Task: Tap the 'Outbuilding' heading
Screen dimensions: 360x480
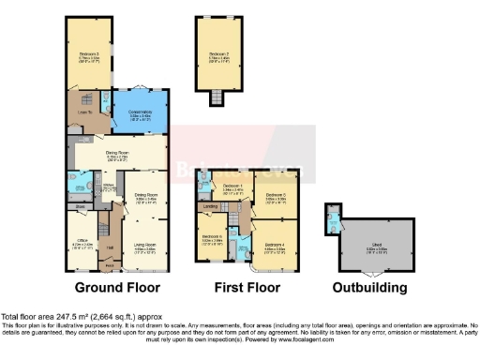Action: [372, 287]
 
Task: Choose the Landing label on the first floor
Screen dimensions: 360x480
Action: [212, 206]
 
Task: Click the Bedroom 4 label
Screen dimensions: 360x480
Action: [274, 246]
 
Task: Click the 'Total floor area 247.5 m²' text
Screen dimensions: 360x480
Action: [74, 317]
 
